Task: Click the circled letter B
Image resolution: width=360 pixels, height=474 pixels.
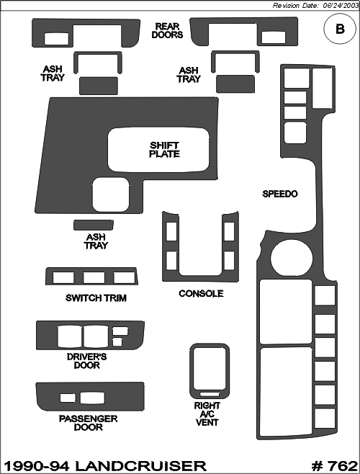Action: click(340, 29)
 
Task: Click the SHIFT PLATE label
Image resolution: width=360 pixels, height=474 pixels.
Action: click(164, 150)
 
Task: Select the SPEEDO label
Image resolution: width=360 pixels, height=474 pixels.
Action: click(279, 194)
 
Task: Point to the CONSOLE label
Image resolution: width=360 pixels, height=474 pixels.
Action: click(201, 293)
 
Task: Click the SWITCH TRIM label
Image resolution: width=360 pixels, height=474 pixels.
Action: click(96, 298)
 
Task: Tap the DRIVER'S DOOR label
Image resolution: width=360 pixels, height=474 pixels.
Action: click(86, 361)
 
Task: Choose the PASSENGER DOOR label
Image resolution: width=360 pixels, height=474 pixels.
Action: click(88, 423)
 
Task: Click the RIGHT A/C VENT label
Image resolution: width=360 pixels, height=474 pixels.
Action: click(207, 413)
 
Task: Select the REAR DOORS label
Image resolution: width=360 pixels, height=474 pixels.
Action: click(167, 30)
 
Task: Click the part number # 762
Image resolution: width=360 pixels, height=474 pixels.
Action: click(334, 466)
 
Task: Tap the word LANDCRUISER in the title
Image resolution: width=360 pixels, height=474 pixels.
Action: click(140, 466)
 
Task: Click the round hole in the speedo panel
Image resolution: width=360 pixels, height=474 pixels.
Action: click(292, 258)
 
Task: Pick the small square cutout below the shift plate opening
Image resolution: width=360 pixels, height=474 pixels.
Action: click(111, 194)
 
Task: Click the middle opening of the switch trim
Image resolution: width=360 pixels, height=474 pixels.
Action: click(94, 277)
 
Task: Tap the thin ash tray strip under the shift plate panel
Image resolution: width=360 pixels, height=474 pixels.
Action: click(94, 225)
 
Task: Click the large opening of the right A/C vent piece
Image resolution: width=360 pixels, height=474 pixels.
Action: click(210, 369)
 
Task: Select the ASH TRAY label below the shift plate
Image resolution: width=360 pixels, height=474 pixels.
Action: click(96, 241)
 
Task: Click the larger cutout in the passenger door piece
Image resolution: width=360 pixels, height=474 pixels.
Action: click(92, 398)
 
